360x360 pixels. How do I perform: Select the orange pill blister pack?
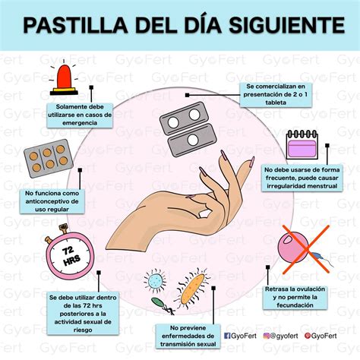47,158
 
